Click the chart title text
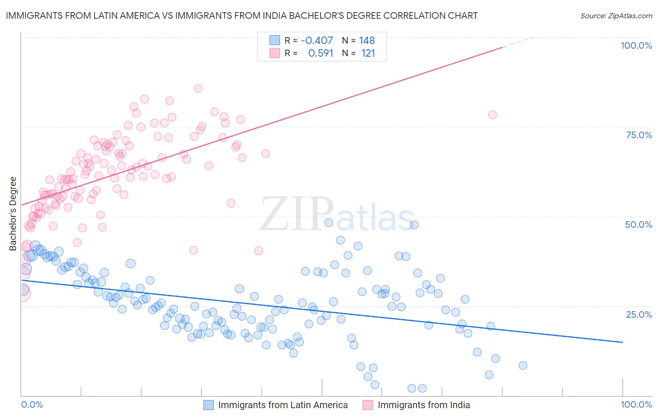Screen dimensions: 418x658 pyautogui.click(x=241, y=15)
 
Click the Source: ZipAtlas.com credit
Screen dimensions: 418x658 pyautogui.click(x=616, y=15)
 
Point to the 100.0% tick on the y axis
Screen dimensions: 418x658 pyautogui.click(x=636, y=45)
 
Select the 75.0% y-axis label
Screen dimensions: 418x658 pyautogui.click(x=639, y=135)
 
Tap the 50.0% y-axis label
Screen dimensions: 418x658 pyautogui.click(x=638, y=224)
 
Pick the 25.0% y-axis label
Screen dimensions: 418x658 pyautogui.click(x=639, y=314)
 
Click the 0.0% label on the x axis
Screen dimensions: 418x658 pyautogui.click(x=32, y=404)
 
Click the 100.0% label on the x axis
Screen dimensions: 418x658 pyautogui.click(x=636, y=404)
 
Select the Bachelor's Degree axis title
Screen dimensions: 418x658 pyautogui.click(x=13, y=213)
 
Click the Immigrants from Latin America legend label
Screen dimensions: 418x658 pyautogui.click(x=283, y=405)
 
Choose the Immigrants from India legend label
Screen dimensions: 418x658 pyautogui.click(x=424, y=405)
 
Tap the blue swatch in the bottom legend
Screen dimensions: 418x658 pyautogui.click(x=209, y=405)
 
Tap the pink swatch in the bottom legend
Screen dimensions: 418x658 pyautogui.click(x=368, y=405)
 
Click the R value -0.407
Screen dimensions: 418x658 pyautogui.click(x=317, y=40)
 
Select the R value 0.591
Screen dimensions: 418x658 pyautogui.click(x=321, y=53)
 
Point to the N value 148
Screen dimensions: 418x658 pyautogui.click(x=367, y=40)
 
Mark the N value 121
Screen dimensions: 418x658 pyautogui.click(x=368, y=53)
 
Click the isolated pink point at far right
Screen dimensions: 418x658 pyautogui.click(x=492, y=115)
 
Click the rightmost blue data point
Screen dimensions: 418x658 pyautogui.click(x=523, y=366)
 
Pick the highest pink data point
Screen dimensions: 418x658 pyautogui.click(x=198, y=88)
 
